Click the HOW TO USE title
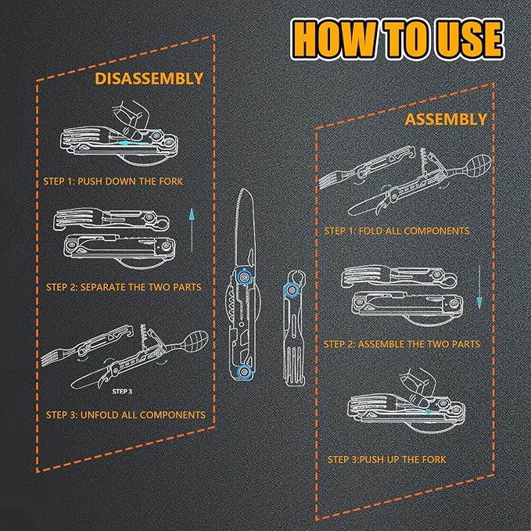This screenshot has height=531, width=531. pyautogui.click(x=397, y=39)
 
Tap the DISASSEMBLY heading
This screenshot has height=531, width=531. pyautogui.click(x=149, y=78)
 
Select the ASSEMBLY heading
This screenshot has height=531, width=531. pyautogui.click(x=446, y=119)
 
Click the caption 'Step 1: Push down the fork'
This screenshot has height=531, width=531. pyautogui.click(x=113, y=181)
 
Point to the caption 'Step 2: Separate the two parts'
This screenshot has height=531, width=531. pyautogui.click(x=124, y=287)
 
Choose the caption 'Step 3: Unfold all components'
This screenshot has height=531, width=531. pyautogui.click(x=126, y=414)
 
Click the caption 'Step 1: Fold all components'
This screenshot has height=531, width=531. pyautogui.click(x=397, y=231)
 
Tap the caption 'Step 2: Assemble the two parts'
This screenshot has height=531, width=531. pyautogui.click(x=402, y=344)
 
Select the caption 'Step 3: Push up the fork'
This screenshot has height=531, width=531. pyautogui.click(x=387, y=460)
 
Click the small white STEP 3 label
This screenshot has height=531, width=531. pyautogui.click(x=122, y=392)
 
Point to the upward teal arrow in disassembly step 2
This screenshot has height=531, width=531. pyautogui.click(x=192, y=230)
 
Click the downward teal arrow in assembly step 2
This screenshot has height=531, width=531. pyautogui.click(x=479, y=287)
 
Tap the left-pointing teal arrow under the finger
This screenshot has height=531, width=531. pyautogui.click(x=134, y=144)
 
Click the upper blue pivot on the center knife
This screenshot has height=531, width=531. pyautogui.click(x=243, y=276)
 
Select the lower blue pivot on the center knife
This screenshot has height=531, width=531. pyautogui.click(x=242, y=371)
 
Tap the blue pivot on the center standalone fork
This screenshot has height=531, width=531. pyautogui.click(x=291, y=290)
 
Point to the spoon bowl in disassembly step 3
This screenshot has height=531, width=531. pyautogui.click(x=195, y=340)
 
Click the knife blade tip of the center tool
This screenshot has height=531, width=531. pyautogui.click(x=242, y=189)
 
